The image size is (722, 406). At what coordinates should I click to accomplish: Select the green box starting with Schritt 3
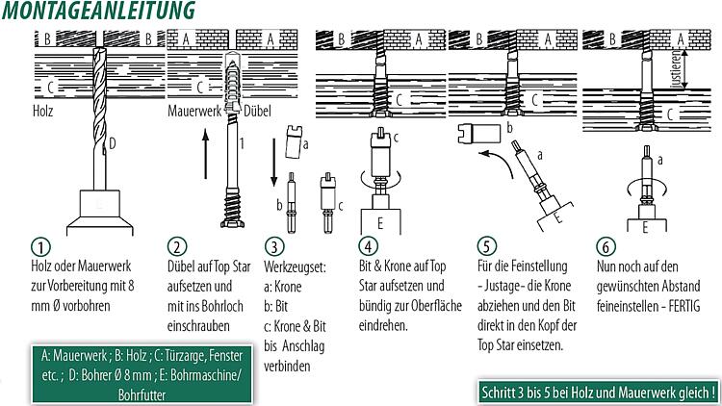598,393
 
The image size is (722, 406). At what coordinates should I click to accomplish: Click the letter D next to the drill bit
113,145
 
